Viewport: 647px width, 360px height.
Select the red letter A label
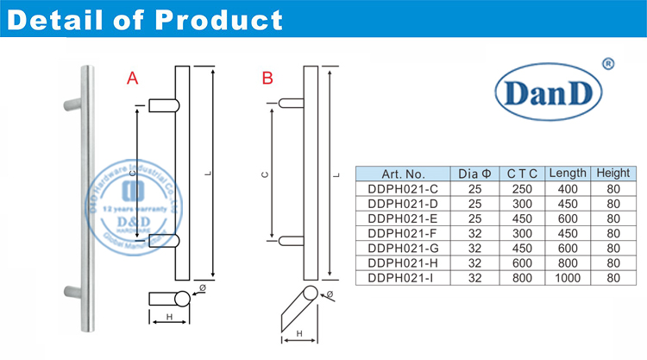(x=132, y=79)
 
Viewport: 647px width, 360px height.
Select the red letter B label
(x=267, y=79)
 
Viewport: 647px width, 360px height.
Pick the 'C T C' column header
(x=522, y=173)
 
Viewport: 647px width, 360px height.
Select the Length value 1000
(x=567, y=278)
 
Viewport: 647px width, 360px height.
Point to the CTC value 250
(x=522, y=188)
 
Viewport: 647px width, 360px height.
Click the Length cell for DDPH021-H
(x=567, y=263)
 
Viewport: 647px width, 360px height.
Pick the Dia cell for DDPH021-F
(x=474, y=233)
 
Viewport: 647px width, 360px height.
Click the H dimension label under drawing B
(x=298, y=333)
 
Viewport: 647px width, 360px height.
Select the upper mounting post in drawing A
(x=163, y=105)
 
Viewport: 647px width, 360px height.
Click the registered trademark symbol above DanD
(x=606, y=63)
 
